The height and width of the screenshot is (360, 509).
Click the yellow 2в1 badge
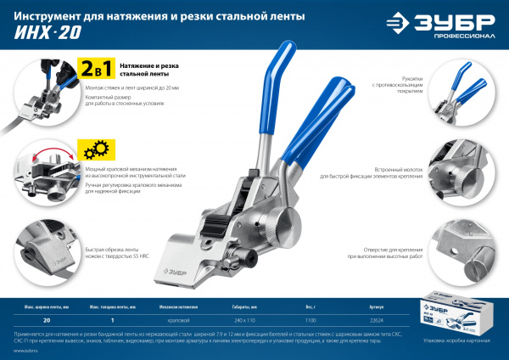pyautogui.click(x=95, y=69)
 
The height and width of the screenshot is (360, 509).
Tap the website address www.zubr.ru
pyautogui.click(x=26, y=351)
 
